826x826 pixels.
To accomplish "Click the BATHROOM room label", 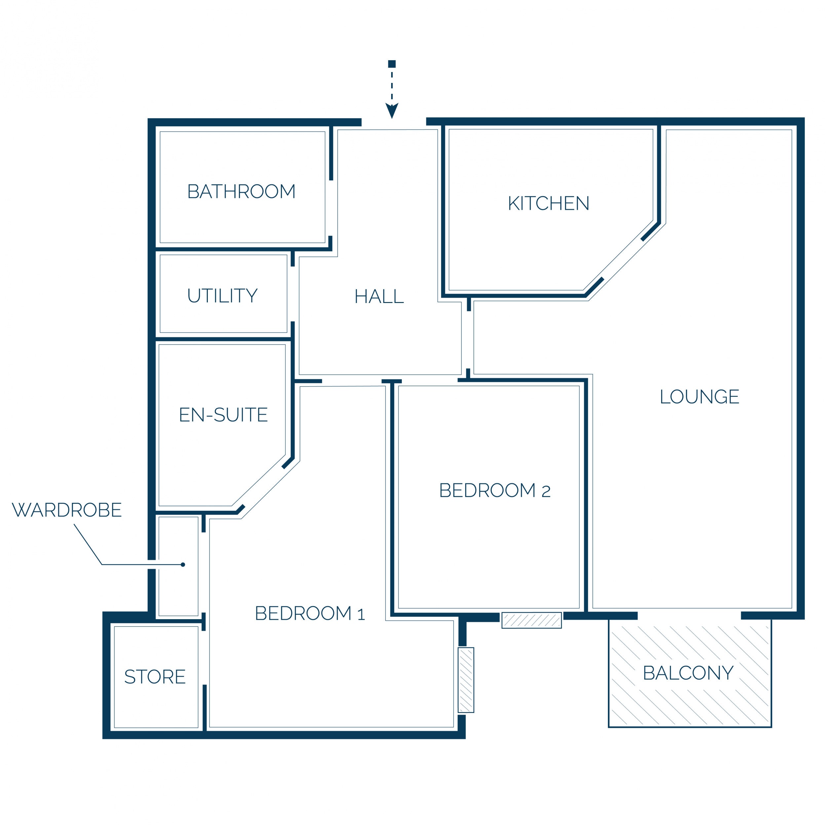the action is click(242, 191).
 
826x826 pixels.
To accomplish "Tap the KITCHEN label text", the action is click(548, 203).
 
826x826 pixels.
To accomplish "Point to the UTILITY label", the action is click(223, 295).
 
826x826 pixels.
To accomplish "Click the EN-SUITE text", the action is click(223, 415).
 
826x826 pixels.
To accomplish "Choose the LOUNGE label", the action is click(699, 396).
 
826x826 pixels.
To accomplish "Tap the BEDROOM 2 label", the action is click(495, 490).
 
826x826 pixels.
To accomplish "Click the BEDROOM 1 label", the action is click(310, 613).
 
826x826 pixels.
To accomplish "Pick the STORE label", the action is click(155, 677).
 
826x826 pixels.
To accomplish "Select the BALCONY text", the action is click(688, 673).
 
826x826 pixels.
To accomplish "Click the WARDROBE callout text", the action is click(67, 509).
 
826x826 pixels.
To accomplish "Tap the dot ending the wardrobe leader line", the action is click(183, 564).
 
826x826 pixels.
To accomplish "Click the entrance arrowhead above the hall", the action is click(392, 110).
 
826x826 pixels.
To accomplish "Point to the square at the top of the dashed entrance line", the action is click(392, 64).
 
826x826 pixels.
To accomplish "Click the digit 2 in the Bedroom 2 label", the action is click(546, 492).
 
